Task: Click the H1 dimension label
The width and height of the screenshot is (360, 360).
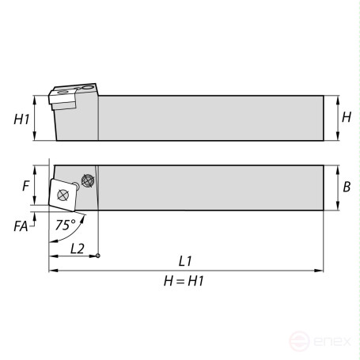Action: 21,119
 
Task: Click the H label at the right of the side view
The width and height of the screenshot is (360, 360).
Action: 347,117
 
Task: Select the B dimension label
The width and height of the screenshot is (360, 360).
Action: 347,187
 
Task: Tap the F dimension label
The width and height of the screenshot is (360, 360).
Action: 25,186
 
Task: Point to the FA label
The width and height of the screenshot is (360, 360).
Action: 21,226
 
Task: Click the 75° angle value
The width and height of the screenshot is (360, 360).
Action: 66,225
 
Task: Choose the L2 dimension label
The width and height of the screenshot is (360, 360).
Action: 78,248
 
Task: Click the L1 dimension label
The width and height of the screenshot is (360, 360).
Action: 185,261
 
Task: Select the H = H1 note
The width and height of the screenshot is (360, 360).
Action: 184,281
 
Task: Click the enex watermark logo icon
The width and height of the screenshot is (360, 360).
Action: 299,341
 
